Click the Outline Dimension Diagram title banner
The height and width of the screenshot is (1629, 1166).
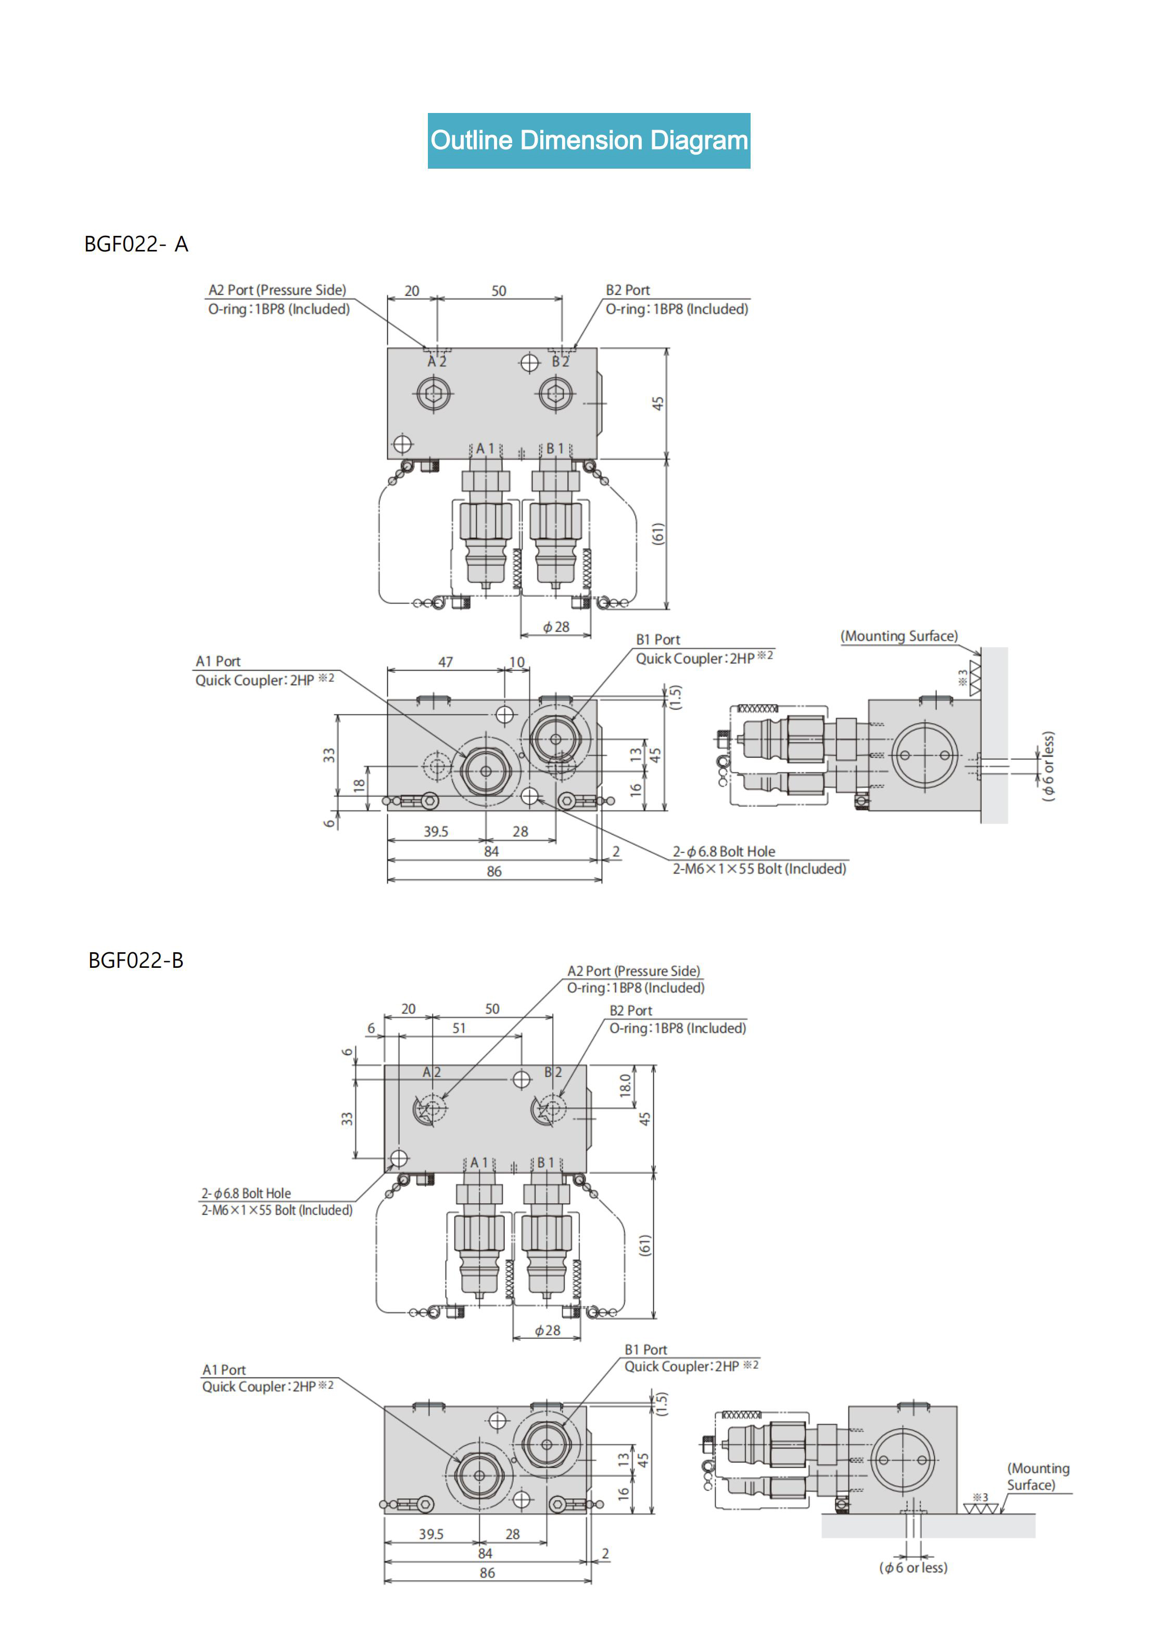click(x=589, y=141)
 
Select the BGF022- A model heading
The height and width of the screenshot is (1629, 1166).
click(x=136, y=244)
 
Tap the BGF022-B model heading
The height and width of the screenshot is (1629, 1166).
click(x=136, y=960)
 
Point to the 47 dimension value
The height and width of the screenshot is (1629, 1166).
click(x=446, y=662)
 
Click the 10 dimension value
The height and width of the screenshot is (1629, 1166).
click(x=517, y=662)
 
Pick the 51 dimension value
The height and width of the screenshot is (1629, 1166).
click(x=459, y=1028)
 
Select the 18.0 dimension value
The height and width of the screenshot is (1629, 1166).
click(x=625, y=1085)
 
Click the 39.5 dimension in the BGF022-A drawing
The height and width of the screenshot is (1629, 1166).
click(x=436, y=831)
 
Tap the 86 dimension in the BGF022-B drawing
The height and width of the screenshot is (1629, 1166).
click(x=488, y=1573)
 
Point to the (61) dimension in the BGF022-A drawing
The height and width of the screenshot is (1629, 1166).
click(x=657, y=534)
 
